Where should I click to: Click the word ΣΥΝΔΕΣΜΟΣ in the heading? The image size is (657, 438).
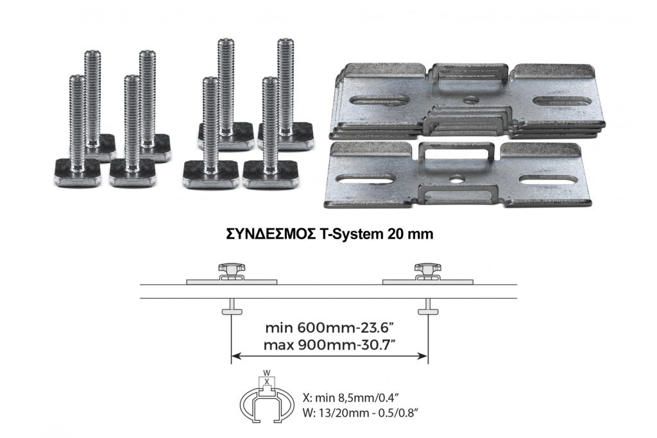click(x=271, y=235)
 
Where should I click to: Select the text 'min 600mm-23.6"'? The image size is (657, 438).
click(x=331, y=328)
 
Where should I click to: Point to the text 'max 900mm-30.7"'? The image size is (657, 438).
click(x=331, y=345)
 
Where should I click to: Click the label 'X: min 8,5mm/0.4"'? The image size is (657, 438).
click(x=348, y=397)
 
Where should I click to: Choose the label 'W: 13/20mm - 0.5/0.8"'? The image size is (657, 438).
click(x=361, y=412)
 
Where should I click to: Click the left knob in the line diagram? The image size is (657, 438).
click(x=231, y=269)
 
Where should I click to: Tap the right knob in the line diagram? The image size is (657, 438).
click(x=427, y=269)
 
